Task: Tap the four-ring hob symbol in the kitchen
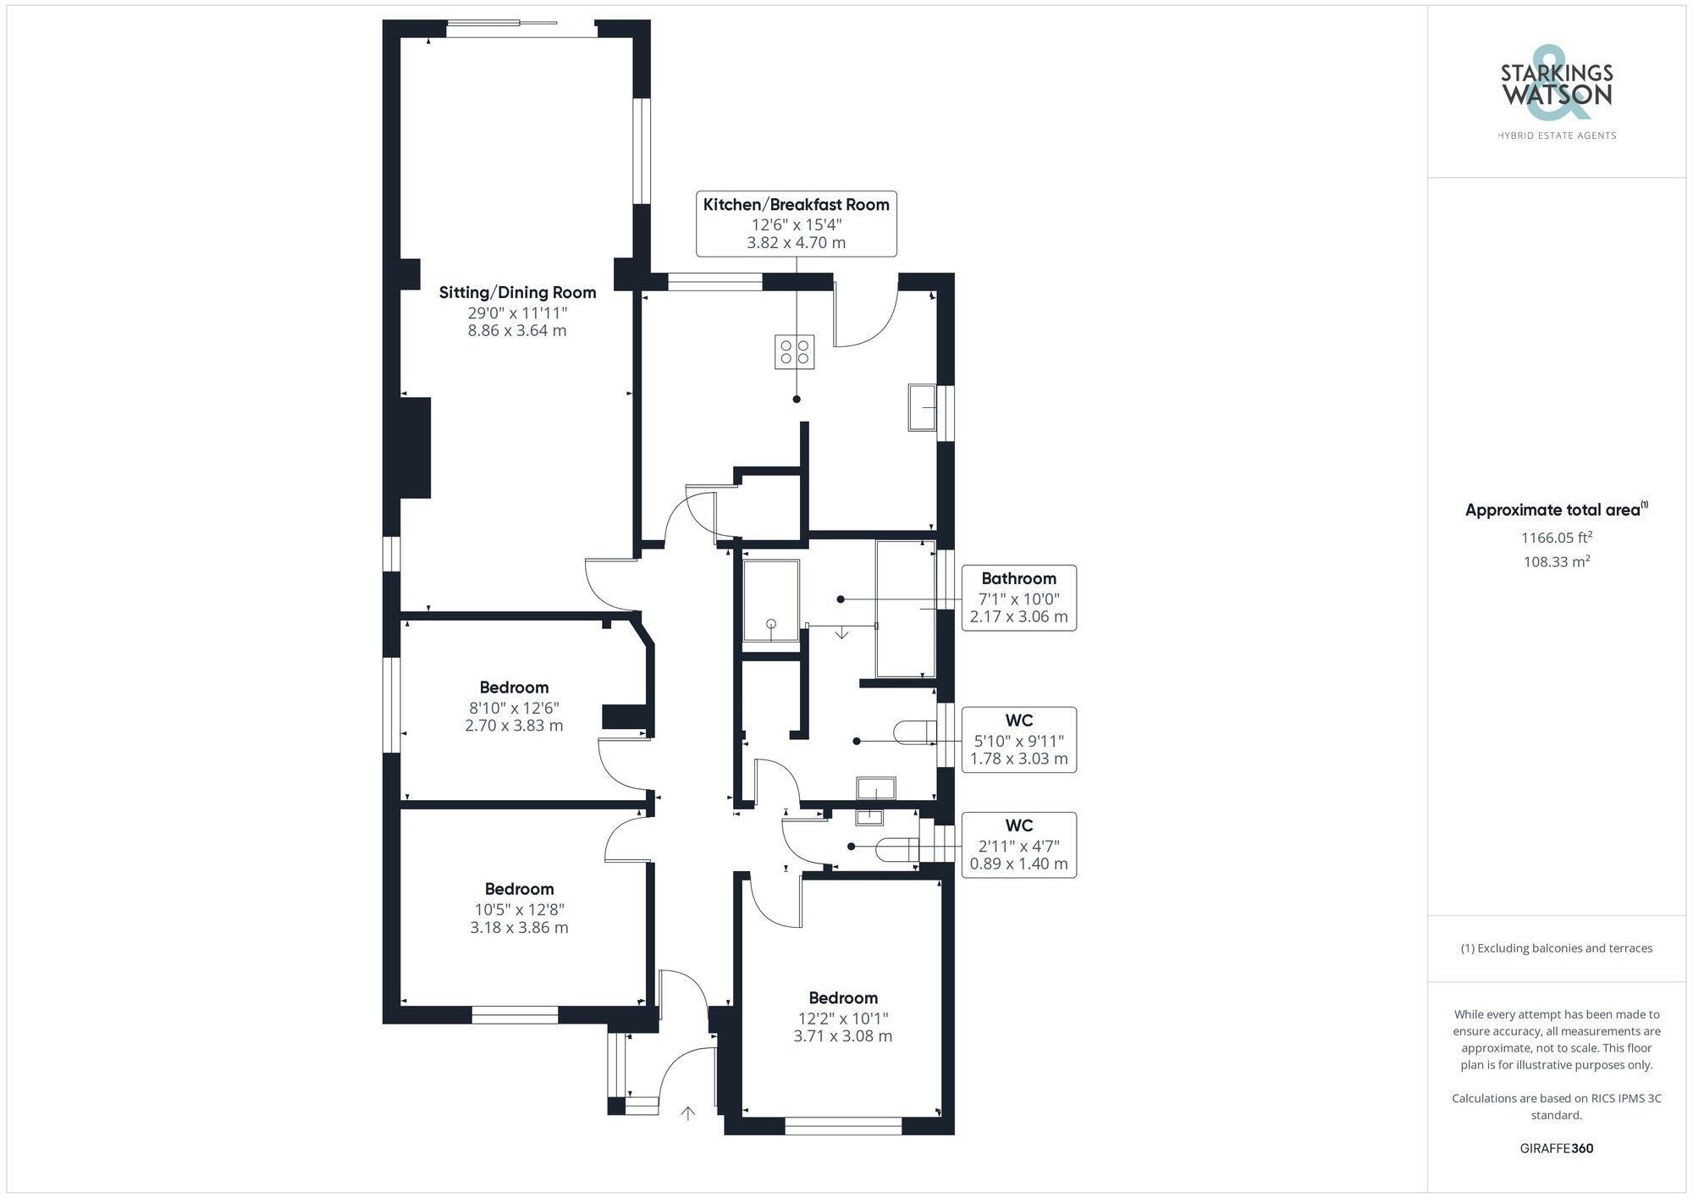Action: [x=795, y=352]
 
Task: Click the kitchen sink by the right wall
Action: [x=922, y=407]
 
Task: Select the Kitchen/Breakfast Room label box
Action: [x=796, y=224]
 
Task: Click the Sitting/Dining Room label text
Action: [x=517, y=293]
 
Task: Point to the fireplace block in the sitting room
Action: [x=415, y=448]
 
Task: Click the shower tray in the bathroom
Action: [x=770, y=600]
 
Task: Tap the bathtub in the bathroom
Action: [x=905, y=609]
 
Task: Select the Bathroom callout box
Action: [x=1018, y=598]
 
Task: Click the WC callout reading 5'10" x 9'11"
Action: [x=1018, y=740]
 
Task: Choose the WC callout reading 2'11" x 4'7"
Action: [x=1018, y=845]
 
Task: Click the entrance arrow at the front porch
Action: [x=687, y=1113]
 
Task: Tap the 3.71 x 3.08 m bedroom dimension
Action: [x=842, y=1036]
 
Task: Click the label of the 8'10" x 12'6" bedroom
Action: [x=514, y=687]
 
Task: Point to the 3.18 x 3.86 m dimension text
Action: [x=519, y=928]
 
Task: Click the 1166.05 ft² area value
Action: [x=1556, y=538]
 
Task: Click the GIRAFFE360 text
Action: [x=1556, y=1149]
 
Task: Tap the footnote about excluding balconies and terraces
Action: [x=1556, y=948]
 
